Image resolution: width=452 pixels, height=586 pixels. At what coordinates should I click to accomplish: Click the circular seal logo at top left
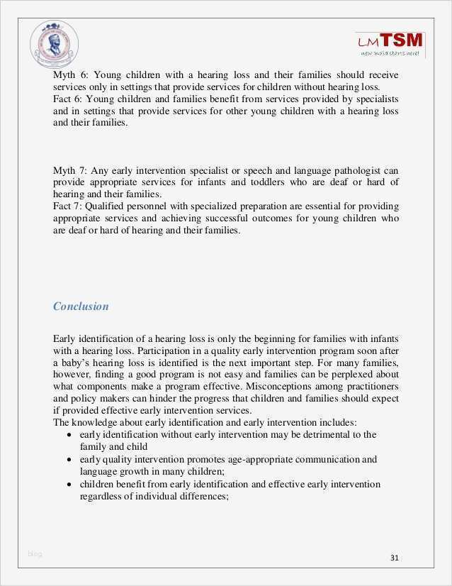pyautogui.click(x=55, y=44)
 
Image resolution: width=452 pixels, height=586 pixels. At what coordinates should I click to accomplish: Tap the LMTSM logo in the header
pyautogui.click(x=390, y=44)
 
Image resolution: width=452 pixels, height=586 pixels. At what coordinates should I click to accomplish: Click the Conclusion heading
pyautogui.click(x=81, y=306)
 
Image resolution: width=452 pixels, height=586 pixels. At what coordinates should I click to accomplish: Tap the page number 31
pyautogui.click(x=395, y=558)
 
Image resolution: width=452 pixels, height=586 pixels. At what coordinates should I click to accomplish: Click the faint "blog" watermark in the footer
pyautogui.click(x=35, y=554)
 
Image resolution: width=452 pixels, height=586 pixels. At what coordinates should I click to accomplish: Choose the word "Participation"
pyautogui.click(x=168, y=350)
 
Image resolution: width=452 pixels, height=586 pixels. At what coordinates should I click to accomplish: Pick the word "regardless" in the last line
pyautogui.click(x=103, y=497)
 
